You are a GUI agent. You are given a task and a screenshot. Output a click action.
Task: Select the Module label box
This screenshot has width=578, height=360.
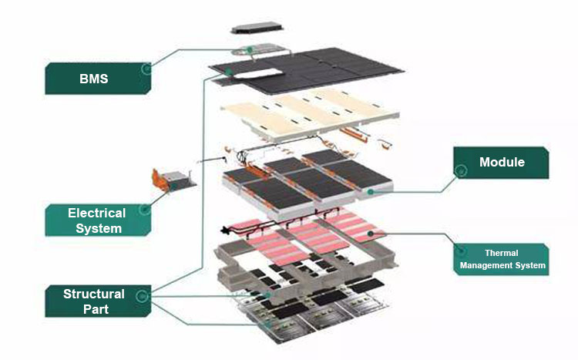501,163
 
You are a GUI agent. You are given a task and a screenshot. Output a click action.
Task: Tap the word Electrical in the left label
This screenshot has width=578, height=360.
96,213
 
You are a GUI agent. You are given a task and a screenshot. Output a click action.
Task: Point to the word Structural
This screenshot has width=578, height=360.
93,294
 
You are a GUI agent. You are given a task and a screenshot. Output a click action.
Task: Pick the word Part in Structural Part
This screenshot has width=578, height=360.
93,310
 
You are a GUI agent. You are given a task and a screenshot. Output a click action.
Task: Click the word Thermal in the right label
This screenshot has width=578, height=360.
502,253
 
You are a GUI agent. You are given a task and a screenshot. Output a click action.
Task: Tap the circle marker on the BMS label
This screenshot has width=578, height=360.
146,69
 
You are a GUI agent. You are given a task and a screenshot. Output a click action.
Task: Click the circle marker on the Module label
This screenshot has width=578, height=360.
461,170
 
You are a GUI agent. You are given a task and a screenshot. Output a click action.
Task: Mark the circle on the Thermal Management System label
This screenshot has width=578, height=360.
461,250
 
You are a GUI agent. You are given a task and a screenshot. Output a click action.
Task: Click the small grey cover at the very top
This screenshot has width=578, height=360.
256,29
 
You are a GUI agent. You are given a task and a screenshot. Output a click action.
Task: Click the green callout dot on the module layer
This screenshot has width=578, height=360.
371,190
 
